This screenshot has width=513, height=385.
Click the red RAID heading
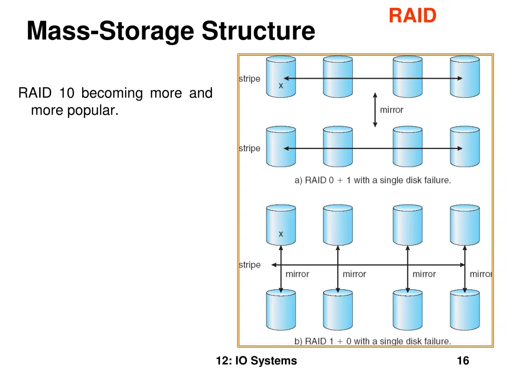tap(412, 16)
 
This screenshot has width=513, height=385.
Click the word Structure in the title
tap(259, 31)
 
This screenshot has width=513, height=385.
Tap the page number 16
tap(463, 361)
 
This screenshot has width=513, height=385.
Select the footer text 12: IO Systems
tap(256, 361)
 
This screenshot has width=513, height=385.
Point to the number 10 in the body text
tap(66, 93)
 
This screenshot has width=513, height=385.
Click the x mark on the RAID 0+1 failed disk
tap(281, 86)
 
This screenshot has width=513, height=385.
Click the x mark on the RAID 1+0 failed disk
tap(281, 234)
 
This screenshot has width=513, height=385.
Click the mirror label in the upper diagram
tap(391, 110)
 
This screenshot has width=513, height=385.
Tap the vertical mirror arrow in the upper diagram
tap(375, 109)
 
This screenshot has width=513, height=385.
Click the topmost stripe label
tap(249, 79)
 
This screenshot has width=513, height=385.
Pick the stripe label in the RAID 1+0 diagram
tap(249, 265)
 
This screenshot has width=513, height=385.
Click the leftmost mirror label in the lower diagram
tap(298, 274)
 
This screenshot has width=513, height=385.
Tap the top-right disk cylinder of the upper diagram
tap(464, 76)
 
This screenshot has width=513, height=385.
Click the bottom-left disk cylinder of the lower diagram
tap(281, 310)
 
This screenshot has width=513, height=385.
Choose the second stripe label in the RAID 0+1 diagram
tap(249, 148)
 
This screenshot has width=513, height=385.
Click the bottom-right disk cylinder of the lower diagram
tap(464, 310)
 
